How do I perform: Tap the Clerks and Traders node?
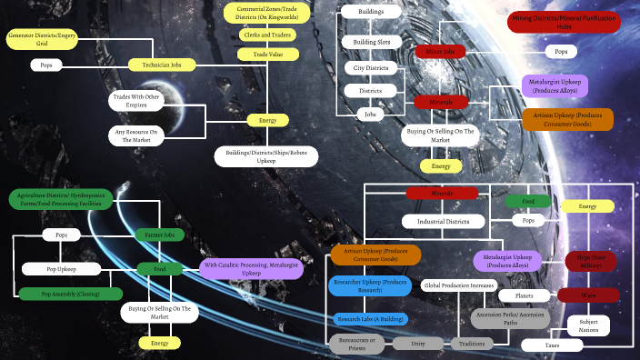coord(268,35)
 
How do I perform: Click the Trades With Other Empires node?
coord(135,101)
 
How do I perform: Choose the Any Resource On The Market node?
coord(135,135)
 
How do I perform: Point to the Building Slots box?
coord(371,42)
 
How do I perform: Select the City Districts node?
coord(370,67)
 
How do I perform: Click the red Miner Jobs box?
coord(440,52)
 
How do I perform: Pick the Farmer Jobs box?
coord(160,235)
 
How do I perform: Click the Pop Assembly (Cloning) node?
coord(69,294)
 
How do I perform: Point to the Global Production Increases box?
coord(458,285)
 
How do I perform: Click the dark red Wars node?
coord(587,295)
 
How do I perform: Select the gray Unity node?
coord(418,344)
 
